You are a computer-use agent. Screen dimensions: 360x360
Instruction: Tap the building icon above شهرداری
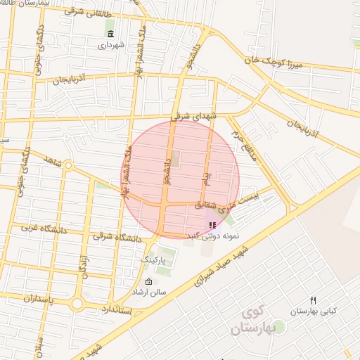click(x=110, y=33)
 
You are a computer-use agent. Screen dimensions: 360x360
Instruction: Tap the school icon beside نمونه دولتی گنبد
click(x=212, y=225)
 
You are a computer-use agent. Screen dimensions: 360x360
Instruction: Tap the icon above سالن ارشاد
click(x=148, y=282)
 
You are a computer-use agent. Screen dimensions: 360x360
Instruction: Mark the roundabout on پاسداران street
click(x=77, y=304)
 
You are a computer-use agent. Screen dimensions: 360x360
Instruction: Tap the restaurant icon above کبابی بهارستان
click(x=314, y=300)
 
